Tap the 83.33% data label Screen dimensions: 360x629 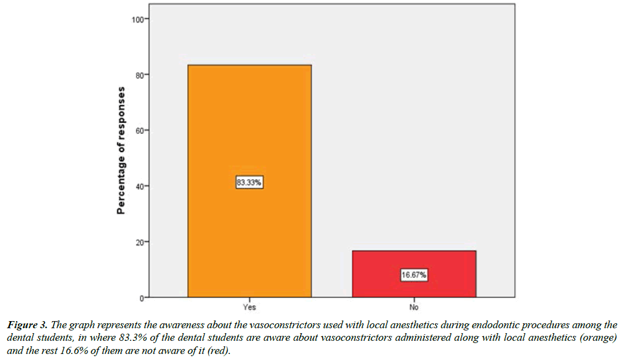pos(250,183)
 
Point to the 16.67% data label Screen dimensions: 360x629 pos(414,276)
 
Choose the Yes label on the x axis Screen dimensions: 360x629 pos(249,307)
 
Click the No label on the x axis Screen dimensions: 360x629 pos(414,307)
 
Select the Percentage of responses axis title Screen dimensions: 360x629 pos(121,150)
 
